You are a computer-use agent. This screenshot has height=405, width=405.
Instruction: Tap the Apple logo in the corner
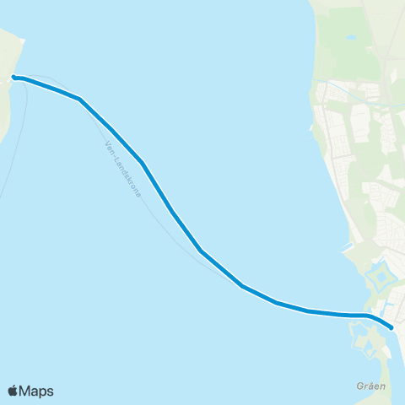pyautogui.click(x=13, y=391)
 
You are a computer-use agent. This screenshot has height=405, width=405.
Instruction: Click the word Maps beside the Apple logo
pyautogui.click(x=37, y=391)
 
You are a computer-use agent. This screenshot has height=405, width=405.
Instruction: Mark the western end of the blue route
pyautogui.click(x=14, y=78)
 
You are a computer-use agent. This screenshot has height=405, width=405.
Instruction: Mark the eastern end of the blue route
pyautogui.click(x=391, y=327)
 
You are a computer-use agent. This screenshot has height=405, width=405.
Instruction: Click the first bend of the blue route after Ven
pyautogui.click(x=80, y=100)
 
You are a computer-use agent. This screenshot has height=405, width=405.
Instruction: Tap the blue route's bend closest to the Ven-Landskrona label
pyautogui.click(x=143, y=162)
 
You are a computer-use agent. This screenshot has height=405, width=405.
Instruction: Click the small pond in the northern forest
pyautogui.click(x=350, y=38)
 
